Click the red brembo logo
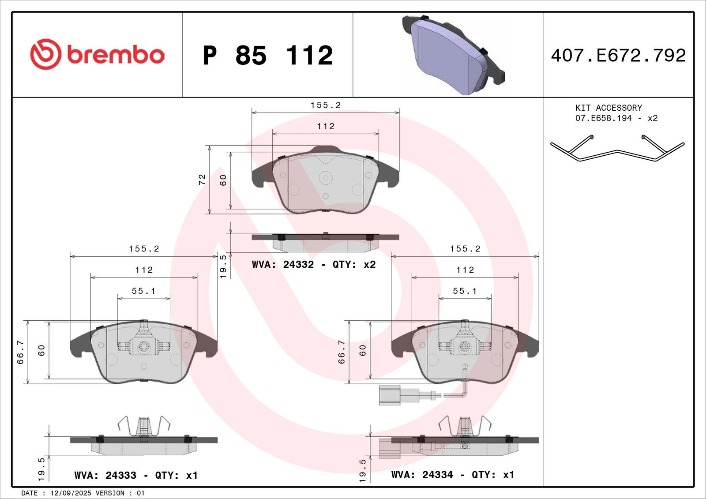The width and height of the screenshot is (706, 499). [97, 54]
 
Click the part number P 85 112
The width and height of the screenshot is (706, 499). [268, 56]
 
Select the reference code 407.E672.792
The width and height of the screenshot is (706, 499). [618, 56]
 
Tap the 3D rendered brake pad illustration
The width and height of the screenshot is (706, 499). [453, 55]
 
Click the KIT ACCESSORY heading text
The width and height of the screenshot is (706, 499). [608, 108]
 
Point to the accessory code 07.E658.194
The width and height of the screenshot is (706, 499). [604, 118]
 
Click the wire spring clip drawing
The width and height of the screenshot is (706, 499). [617, 148]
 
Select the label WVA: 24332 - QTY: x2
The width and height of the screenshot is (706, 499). [314, 264]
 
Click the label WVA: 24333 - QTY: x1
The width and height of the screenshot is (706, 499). [136, 475]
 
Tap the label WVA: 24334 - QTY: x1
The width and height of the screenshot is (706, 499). [453, 474]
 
